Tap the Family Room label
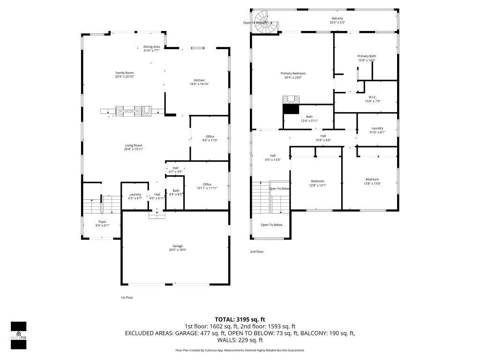point(125,73)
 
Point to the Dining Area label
point(151,46)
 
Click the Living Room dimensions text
point(133,150)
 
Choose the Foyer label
point(102,222)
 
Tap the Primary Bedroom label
point(293,74)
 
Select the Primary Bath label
point(367,56)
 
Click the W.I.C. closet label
point(372,97)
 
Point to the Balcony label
point(337,18)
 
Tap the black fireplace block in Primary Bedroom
point(291,109)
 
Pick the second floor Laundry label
point(377,128)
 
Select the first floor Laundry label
point(135,195)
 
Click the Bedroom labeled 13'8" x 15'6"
point(372,180)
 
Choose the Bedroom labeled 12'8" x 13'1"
point(317,181)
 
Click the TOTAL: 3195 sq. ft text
point(240,319)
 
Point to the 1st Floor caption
point(127,297)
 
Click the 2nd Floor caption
point(256,252)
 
